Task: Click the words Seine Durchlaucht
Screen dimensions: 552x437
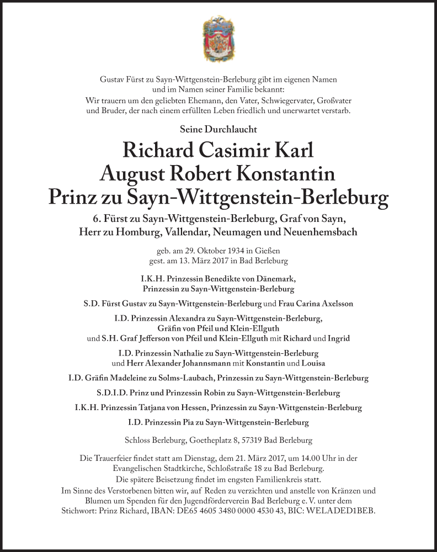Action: click(218, 129)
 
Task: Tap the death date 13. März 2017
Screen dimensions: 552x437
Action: click(210, 260)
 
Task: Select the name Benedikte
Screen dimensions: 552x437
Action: click(210, 279)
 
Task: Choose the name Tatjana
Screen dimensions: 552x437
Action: click(162, 407)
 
